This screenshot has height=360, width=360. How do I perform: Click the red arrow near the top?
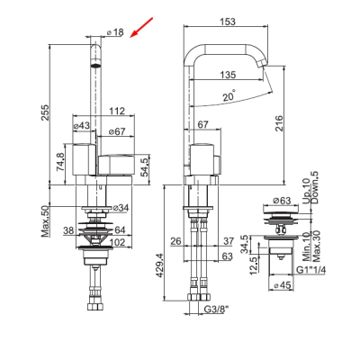[141, 28]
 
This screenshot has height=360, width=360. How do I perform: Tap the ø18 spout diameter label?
[115, 32]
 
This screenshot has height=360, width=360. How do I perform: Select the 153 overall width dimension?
[228, 22]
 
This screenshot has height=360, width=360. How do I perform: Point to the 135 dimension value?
[228, 75]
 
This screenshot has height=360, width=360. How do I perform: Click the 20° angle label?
[229, 96]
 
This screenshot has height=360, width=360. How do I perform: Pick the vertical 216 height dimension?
[279, 122]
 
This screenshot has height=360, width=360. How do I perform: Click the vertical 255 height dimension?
[45, 112]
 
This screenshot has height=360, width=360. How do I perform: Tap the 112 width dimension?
[116, 112]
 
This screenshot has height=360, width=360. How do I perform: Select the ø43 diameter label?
[82, 126]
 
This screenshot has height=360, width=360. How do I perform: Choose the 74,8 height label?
[61, 162]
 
